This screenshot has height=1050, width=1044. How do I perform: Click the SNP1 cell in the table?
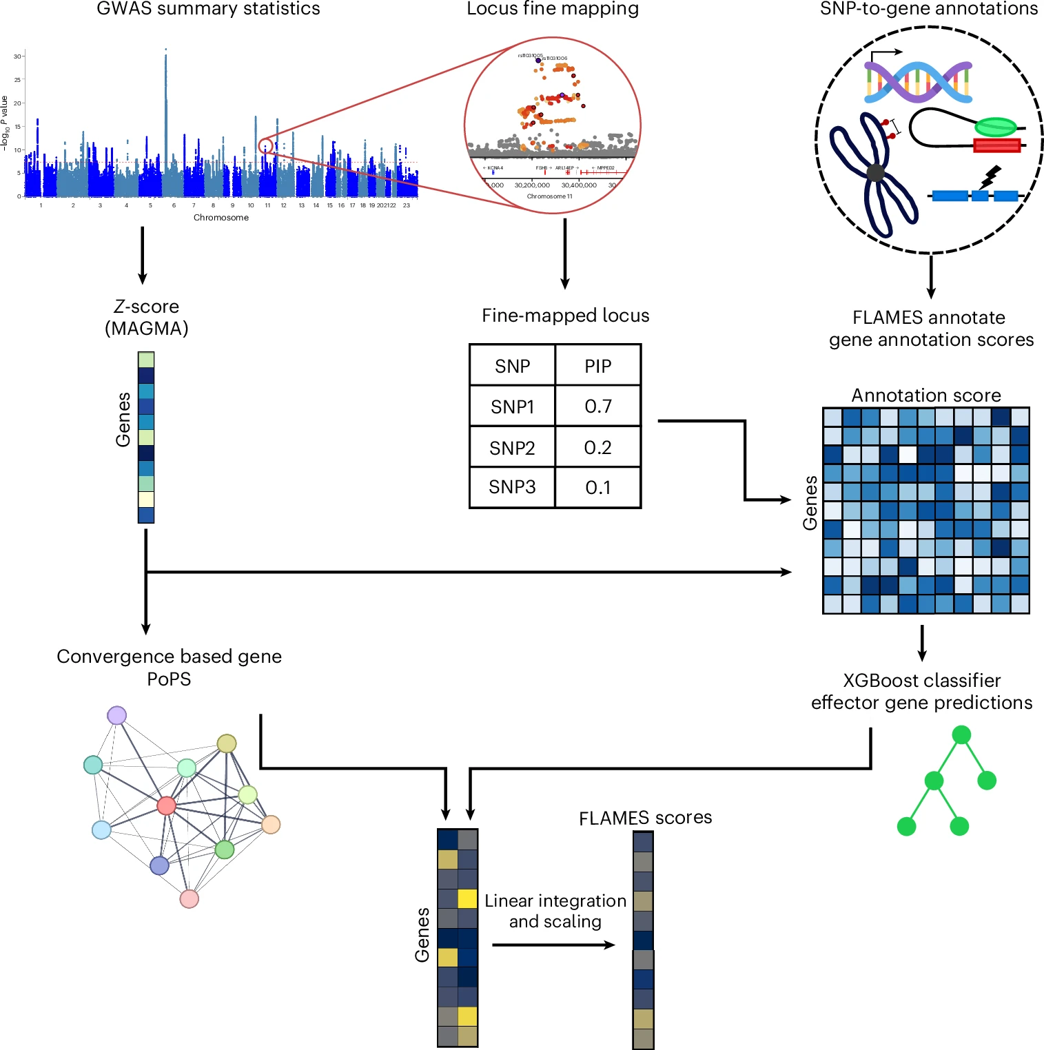pyautogui.click(x=512, y=406)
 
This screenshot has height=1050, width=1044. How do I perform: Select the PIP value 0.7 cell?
pyautogui.click(x=597, y=406)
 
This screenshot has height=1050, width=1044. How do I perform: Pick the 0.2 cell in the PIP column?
pyautogui.click(x=597, y=448)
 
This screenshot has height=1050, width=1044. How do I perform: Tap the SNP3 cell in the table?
pyautogui.click(x=512, y=487)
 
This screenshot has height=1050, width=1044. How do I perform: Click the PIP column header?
pyautogui.click(x=597, y=366)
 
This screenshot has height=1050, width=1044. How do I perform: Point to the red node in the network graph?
pyautogui.click(x=166, y=805)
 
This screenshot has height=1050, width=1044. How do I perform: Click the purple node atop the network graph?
pyautogui.click(x=117, y=715)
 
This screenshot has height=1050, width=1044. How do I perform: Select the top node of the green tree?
pyautogui.click(x=961, y=735)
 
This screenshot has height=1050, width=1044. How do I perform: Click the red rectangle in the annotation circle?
pyautogui.click(x=996, y=145)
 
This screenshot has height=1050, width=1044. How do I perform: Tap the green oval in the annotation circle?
pyautogui.click(x=996, y=127)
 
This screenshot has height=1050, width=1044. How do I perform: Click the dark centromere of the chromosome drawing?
pyautogui.click(x=875, y=173)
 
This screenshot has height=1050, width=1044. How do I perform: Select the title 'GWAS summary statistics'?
pyautogui.click(x=208, y=9)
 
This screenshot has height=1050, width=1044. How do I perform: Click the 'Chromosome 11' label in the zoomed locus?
pyautogui.click(x=550, y=196)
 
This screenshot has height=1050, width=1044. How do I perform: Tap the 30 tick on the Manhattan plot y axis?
pyautogui.click(x=17, y=56)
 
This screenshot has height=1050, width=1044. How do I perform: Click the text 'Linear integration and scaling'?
pyautogui.click(x=555, y=911)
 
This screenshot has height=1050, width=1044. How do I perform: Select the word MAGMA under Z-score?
pyautogui.click(x=146, y=328)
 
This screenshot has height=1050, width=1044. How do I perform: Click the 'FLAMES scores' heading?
pyautogui.click(x=645, y=818)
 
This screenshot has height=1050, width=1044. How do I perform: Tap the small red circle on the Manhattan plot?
pyautogui.click(x=265, y=145)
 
